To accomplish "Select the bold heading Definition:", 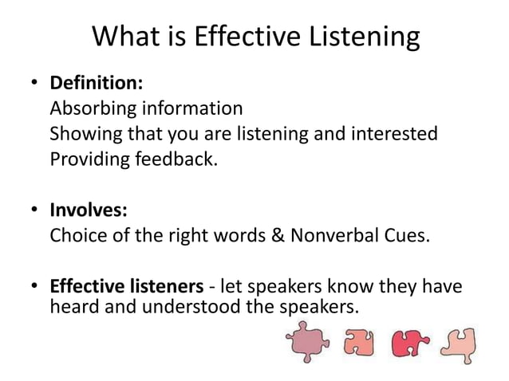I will [97, 83].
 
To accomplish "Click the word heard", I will [72, 304].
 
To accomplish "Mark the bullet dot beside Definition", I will [34, 83].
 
